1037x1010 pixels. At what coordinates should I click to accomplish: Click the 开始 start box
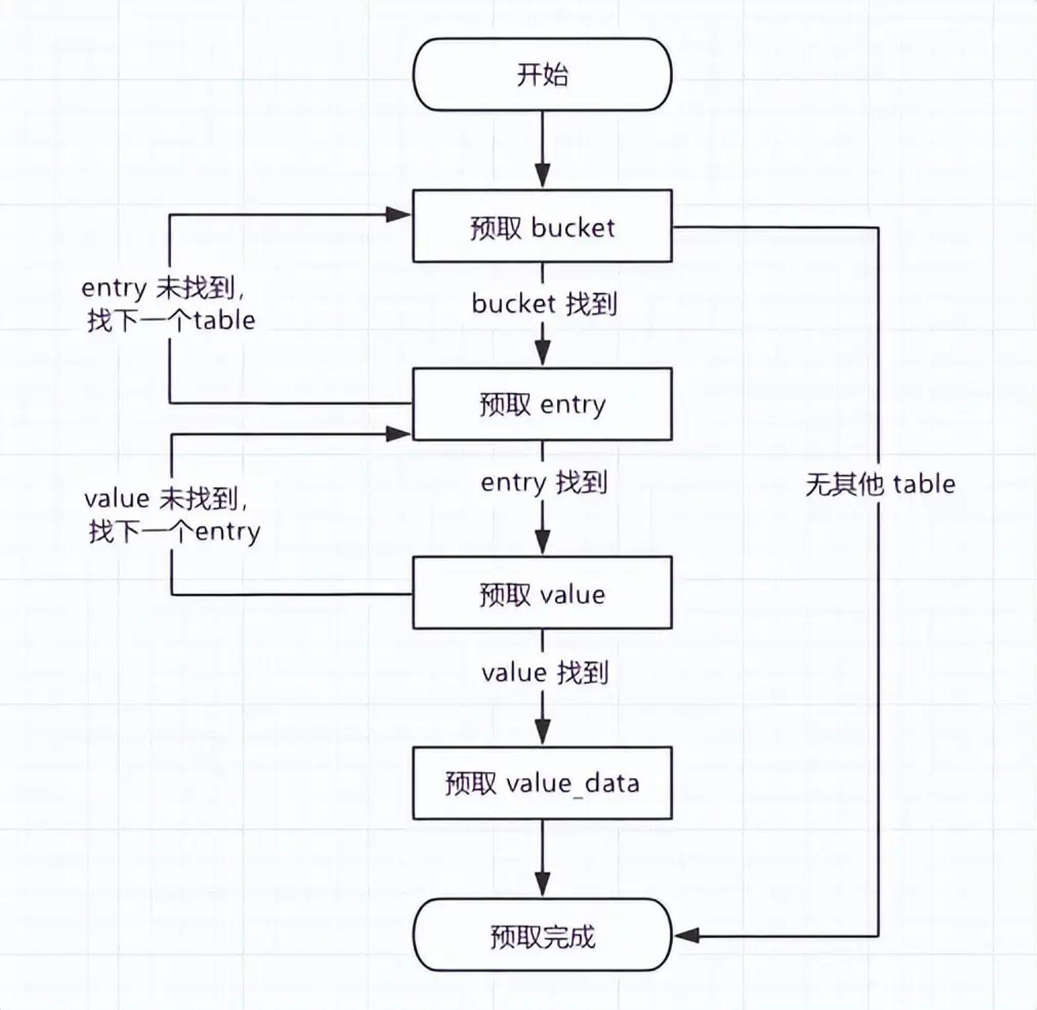coord(542,75)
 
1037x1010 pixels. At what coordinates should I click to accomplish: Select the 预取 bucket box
coord(542,226)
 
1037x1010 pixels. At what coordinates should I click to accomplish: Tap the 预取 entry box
coord(542,404)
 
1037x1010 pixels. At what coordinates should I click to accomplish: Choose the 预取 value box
coord(542,593)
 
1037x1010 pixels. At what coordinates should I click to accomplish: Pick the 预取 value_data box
coord(542,783)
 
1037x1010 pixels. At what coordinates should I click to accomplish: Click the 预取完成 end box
coord(542,935)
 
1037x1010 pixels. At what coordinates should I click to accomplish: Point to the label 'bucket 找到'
coord(544,303)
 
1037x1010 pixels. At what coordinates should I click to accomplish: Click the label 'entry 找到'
coord(544,483)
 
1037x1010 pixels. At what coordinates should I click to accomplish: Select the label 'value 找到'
coord(545,672)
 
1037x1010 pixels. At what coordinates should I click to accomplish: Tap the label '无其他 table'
coord(880,485)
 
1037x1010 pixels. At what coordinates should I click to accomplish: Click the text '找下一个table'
coord(171,321)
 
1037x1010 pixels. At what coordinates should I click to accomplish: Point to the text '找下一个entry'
coord(174,532)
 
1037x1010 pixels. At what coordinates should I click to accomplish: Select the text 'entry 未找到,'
coord(164,288)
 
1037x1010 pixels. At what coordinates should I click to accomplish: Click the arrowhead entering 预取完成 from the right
coord(686,935)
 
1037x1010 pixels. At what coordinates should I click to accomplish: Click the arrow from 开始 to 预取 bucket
coord(542,150)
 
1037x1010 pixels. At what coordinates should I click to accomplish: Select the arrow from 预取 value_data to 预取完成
coord(542,859)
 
